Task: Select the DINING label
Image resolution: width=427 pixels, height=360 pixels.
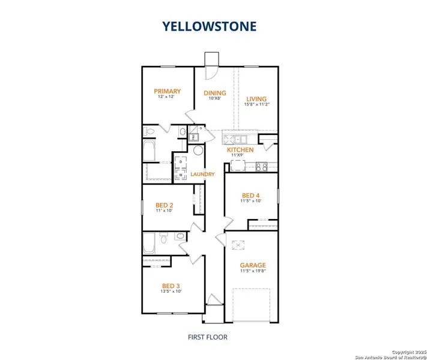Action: [x=214, y=93]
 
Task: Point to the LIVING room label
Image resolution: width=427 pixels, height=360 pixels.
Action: [x=256, y=99]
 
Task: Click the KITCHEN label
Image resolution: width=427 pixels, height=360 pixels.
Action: [x=240, y=150]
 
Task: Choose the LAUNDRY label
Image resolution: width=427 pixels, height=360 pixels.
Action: [x=202, y=175]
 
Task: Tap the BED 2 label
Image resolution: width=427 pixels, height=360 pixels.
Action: [x=164, y=205]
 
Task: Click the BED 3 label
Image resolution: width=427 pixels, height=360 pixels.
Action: [x=170, y=286]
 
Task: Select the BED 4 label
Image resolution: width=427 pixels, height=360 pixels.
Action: [x=252, y=196]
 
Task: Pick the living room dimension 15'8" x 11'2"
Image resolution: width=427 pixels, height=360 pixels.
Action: [x=256, y=106]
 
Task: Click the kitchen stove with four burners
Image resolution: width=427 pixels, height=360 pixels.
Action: [x=261, y=167]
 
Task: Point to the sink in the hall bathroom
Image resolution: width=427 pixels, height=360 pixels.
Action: [x=178, y=238]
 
